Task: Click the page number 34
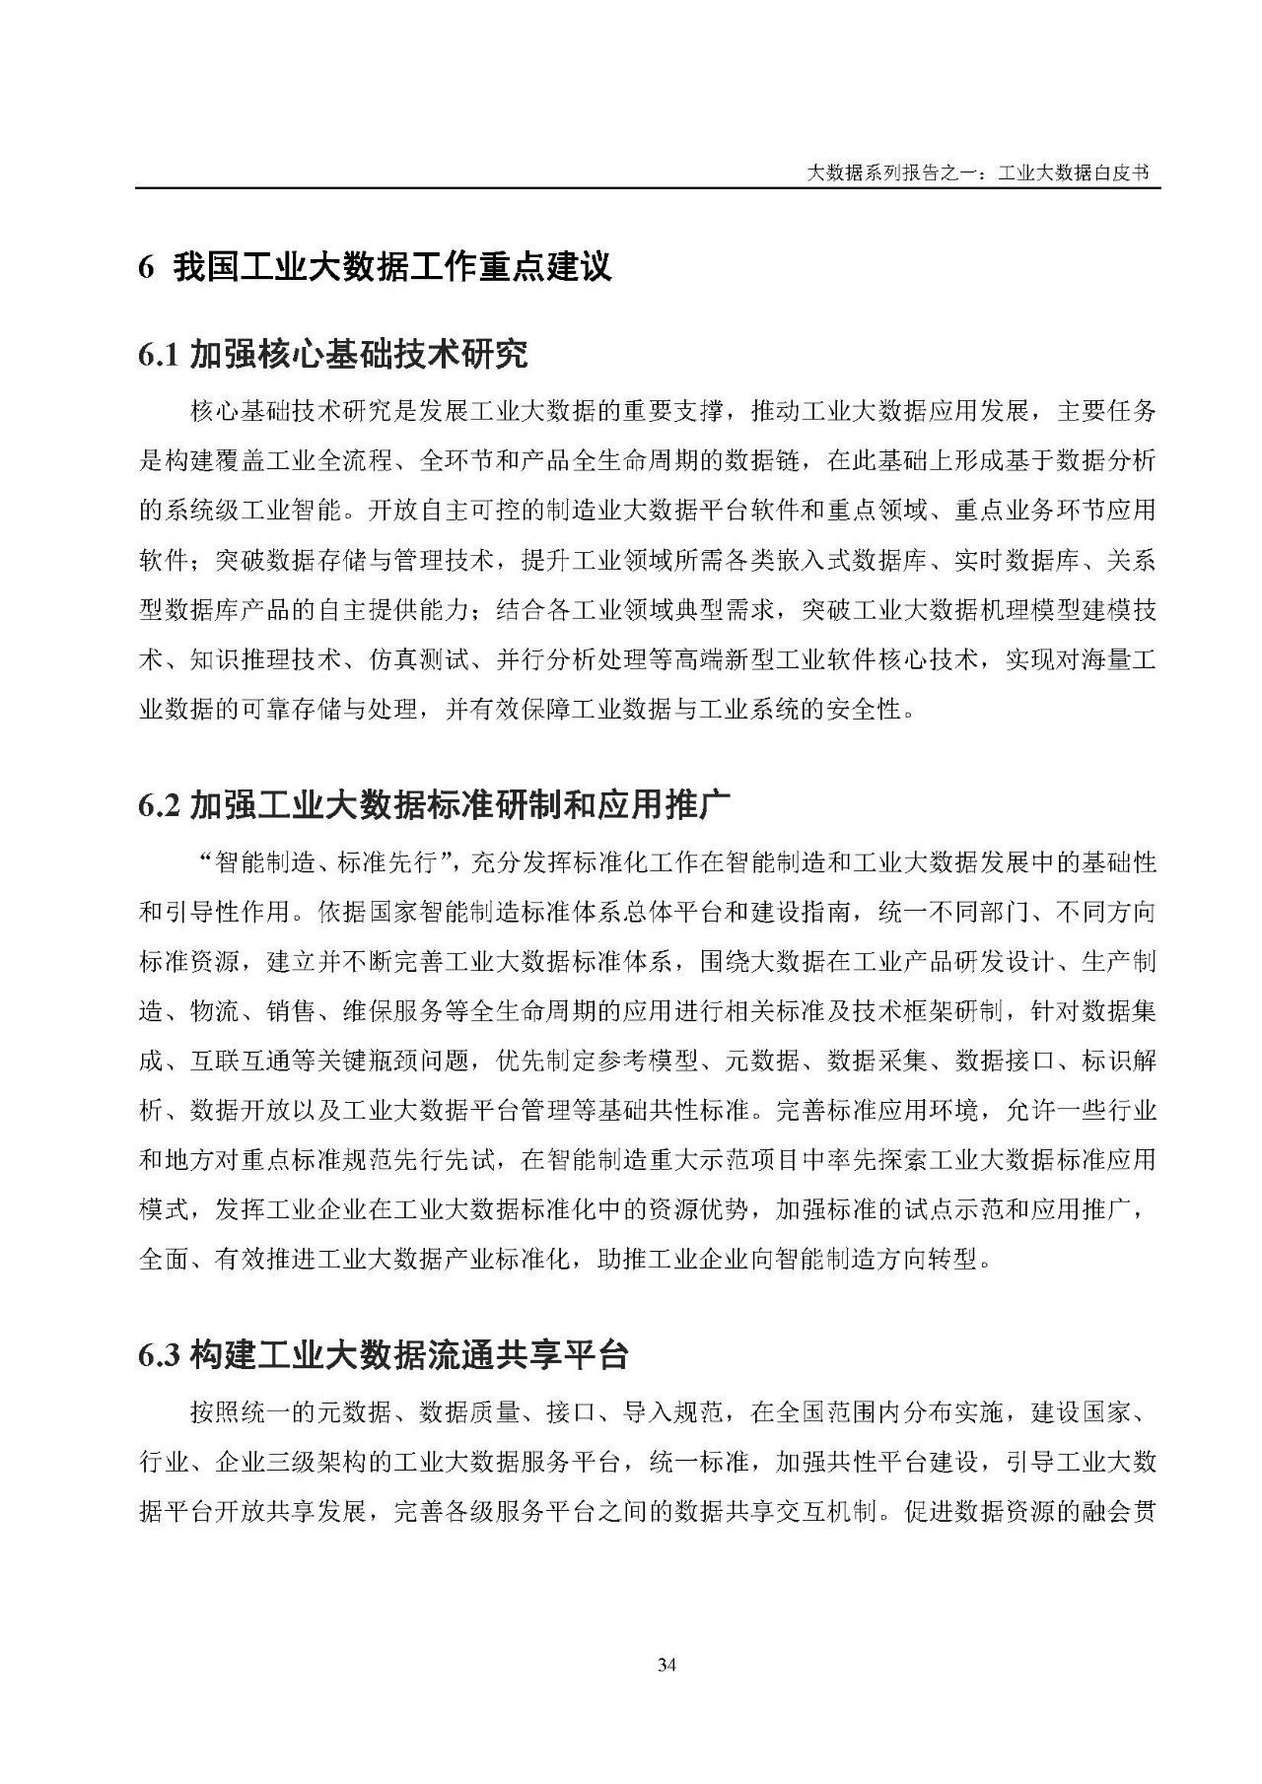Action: [666, 1667]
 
